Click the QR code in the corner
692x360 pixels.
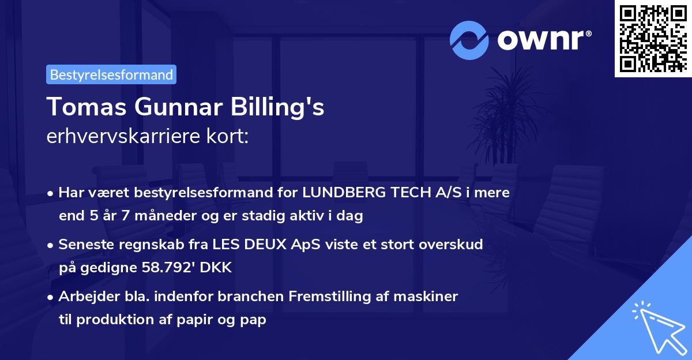(653, 38)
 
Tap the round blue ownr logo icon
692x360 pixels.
(469, 40)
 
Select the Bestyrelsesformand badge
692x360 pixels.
(111, 74)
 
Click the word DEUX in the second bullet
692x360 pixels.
(277, 245)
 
